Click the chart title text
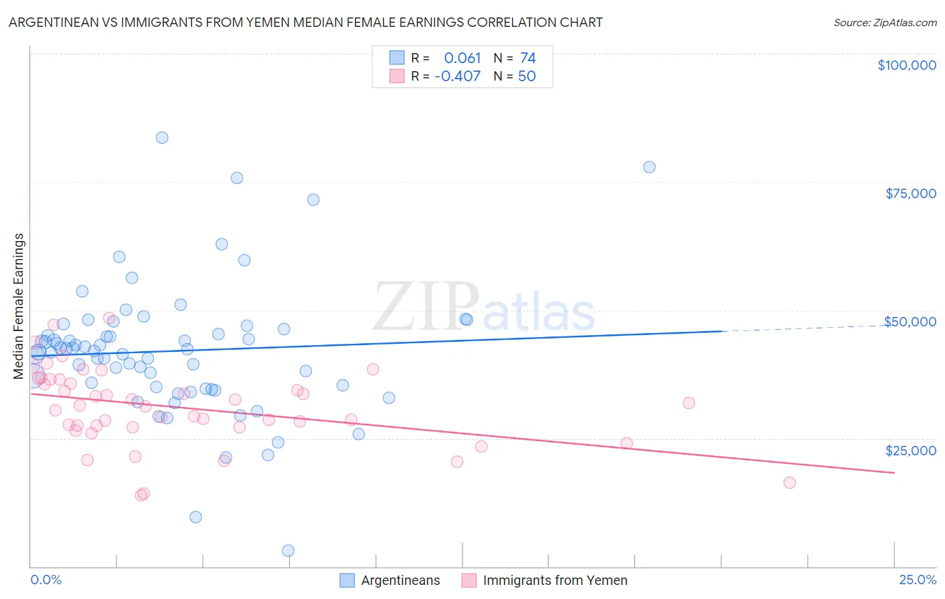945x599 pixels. [x=305, y=22]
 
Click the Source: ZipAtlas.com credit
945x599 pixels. [x=885, y=22]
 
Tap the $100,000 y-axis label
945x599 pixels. [x=907, y=65]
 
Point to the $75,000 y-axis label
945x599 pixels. [x=911, y=193]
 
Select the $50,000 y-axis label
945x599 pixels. [x=910, y=322]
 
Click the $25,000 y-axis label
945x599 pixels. [x=911, y=451]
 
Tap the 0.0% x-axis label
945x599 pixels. [x=46, y=580]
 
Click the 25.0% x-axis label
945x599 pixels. [x=917, y=580]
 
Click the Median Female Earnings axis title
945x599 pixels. [x=19, y=306]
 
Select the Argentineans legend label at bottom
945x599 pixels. [x=400, y=580]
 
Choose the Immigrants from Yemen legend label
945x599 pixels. [x=554, y=580]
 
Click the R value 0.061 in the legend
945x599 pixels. [x=462, y=58]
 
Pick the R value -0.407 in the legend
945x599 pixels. [x=458, y=76]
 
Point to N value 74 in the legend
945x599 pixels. [x=528, y=58]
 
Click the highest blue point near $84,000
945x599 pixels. [x=162, y=138]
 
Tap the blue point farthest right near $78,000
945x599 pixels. [x=649, y=167]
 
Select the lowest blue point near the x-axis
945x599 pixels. [x=288, y=551]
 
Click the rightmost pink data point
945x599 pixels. [x=790, y=483]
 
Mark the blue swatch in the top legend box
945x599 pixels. [x=397, y=58]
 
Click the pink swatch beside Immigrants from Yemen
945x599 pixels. [x=468, y=580]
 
